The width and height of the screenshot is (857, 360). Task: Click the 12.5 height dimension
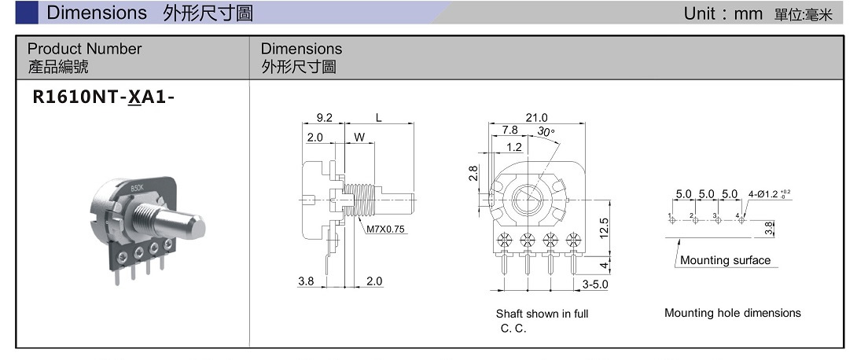[x=604, y=229]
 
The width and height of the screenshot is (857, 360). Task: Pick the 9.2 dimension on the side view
[x=324, y=118]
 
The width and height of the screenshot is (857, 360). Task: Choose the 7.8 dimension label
[x=509, y=130]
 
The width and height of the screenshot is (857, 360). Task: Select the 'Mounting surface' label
[x=725, y=260]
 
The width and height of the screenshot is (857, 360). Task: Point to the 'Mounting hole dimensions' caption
[x=732, y=313]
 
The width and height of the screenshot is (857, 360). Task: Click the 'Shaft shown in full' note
[x=542, y=314]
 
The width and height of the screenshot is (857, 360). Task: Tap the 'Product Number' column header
[x=84, y=49]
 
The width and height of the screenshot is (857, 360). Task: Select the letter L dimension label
[x=379, y=118]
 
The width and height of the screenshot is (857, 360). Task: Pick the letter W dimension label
[x=359, y=138]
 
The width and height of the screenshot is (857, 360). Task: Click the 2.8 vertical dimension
[x=473, y=172]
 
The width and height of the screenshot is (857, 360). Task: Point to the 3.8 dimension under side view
[x=307, y=281]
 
